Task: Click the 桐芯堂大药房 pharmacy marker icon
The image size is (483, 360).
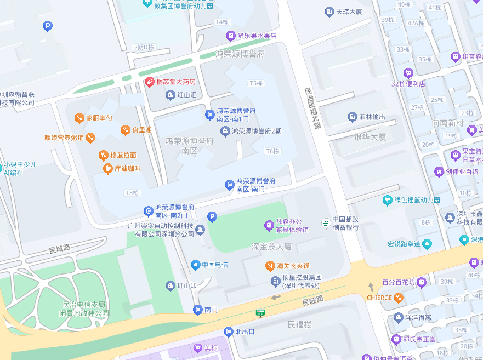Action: [149, 82]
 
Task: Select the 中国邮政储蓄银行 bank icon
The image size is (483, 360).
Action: [326, 223]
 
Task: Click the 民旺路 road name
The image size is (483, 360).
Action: [313, 300]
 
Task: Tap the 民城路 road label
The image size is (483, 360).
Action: [60, 249]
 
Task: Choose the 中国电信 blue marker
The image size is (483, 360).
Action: [195, 265]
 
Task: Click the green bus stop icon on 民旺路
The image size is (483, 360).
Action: [260, 313]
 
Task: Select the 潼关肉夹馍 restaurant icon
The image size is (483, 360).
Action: [270, 266]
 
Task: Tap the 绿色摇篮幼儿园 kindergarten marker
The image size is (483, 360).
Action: [388, 200]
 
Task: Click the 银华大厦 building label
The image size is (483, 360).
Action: [370, 137]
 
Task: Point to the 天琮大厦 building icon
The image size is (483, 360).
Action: [329, 11]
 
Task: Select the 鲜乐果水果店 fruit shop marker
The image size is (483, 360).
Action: [231, 36]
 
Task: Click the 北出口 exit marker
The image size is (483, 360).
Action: [229, 332]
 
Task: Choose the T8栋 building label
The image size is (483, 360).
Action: [132, 193]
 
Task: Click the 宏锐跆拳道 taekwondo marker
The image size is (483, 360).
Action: [427, 243]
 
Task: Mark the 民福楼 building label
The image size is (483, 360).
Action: [299, 325]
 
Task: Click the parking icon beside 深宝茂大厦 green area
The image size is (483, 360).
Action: [212, 218]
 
